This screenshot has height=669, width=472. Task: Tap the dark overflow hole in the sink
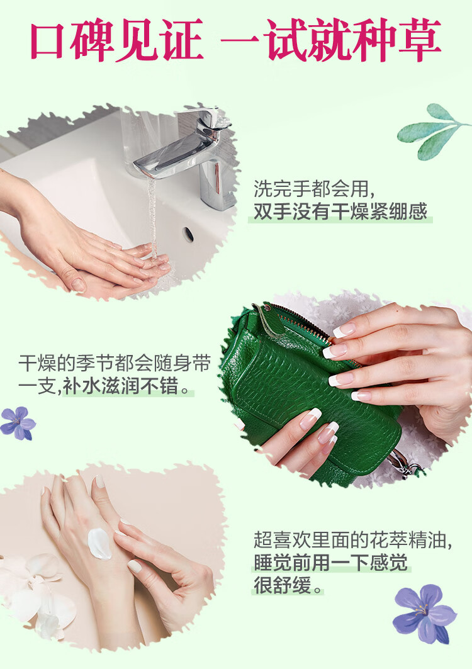pyautogui.click(x=188, y=233)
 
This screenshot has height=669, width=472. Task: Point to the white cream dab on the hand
pyautogui.click(x=99, y=543)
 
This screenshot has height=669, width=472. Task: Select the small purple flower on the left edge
pyautogui.click(x=18, y=423)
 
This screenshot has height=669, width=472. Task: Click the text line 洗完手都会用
pyautogui.click(x=315, y=188)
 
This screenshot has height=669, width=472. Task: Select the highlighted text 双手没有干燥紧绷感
pyautogui.click(x=340, y=212)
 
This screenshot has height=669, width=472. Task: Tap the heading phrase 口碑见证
pyautogui.click(x=116, y=42)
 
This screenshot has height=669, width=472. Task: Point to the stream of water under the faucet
pyautogui.click(x=152, y=214)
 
